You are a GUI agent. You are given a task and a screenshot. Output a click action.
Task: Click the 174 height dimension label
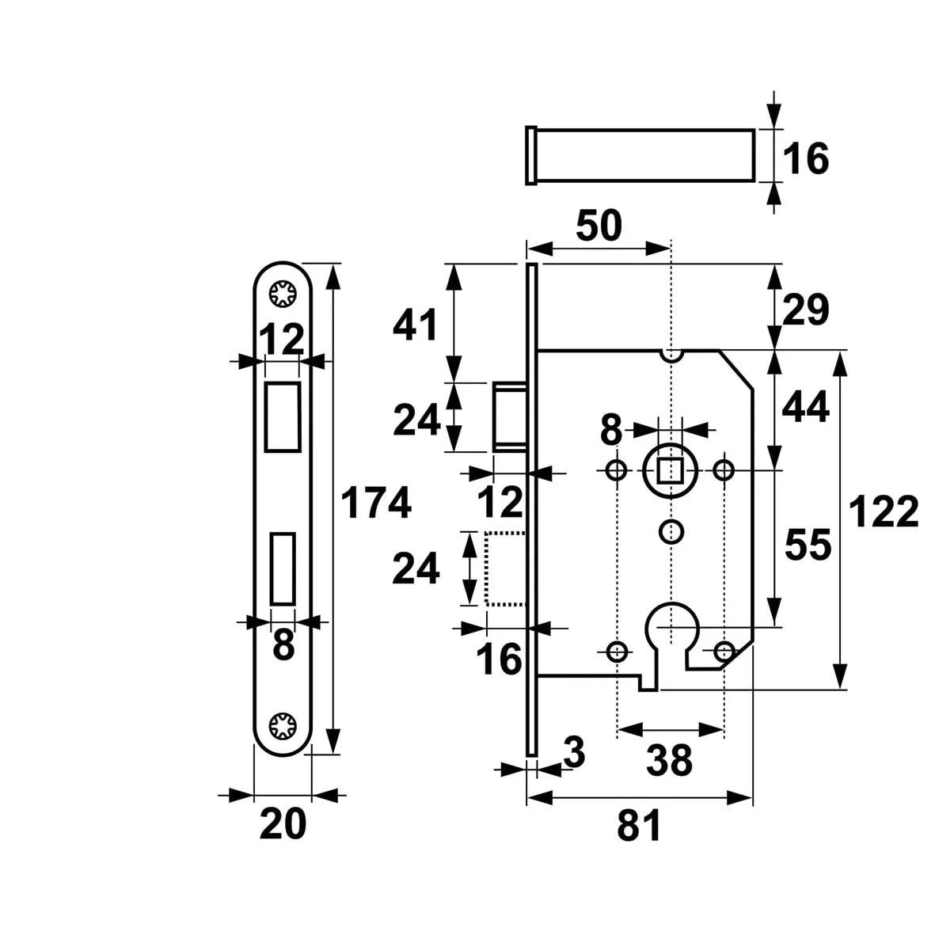pyautogui.click(x=376, y=504)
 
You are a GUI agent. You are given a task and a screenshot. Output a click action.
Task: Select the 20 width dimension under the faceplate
pyautogui.click(x=283, y=825)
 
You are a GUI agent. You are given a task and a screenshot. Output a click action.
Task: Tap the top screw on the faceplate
pyautogui.click(x=283, y=295)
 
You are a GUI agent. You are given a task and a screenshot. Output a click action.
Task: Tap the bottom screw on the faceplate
pyautogui.click(x=283, y=726)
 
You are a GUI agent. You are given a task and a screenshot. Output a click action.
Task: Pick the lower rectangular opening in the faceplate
pyautogui.click(x=283, y=568)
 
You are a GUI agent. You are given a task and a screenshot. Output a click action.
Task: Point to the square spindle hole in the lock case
pyautogui.click(x=671, y=471)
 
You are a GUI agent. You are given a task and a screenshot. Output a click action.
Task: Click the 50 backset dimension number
pyautogui.click(x=599, y=226)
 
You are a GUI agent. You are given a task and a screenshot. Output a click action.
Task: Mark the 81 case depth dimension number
pyautogui.click(x=639, y=828)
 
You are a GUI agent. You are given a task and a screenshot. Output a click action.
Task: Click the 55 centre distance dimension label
pyautogui.click(x=808, y=545)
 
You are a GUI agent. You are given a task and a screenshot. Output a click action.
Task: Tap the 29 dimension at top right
pyautogui.click(x=806, y=310)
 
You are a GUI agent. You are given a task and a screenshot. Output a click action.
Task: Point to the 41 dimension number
pyautogui.click(x=416, y=325)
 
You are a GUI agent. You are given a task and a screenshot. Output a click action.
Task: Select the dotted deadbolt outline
pyautogui.click(x=505, y=568)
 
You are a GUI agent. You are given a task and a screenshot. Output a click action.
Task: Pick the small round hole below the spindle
pyautogui.click(x=671, y=530)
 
